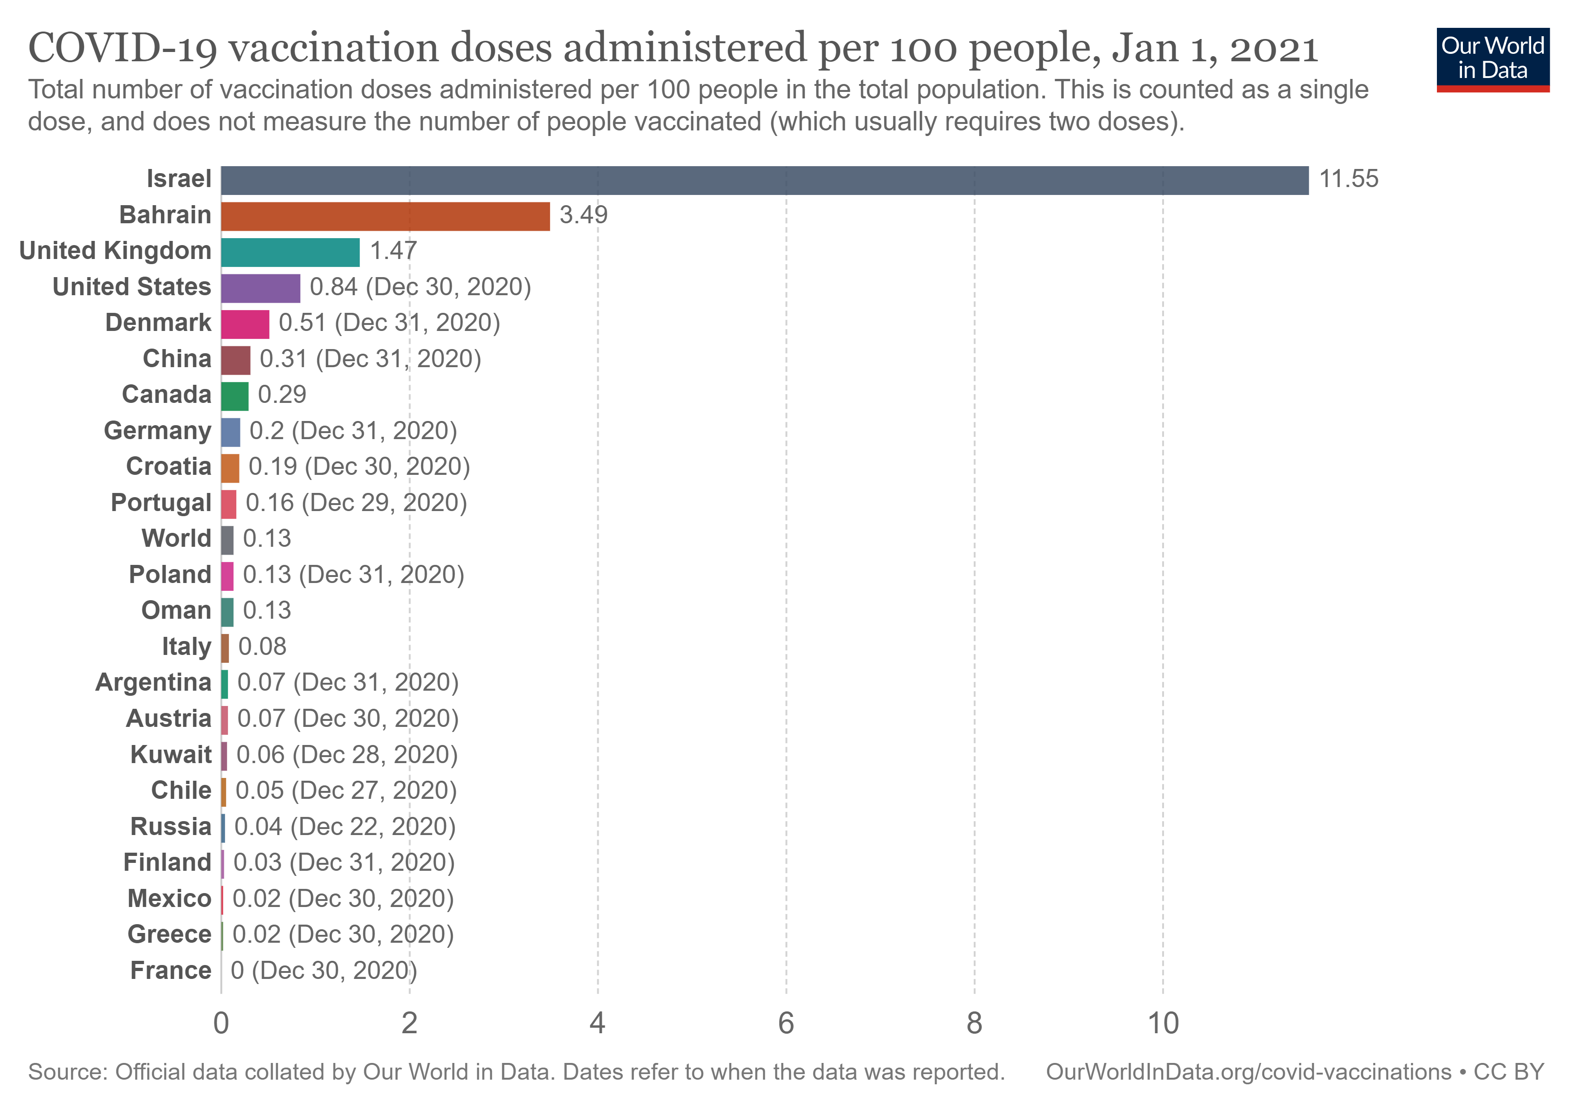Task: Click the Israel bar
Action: (764, 180)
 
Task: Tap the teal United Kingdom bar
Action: (290, 252)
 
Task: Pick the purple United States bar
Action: (260, 288)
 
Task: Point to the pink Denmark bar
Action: (245, 324)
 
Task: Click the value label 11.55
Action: (1348, 179)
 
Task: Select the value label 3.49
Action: (583, 215)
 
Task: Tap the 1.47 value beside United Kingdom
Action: (393, 251)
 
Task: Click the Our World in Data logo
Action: (1492, 59)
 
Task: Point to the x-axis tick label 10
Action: (1163, 1023)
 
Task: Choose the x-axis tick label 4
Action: (597, 1023)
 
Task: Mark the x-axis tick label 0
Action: (220, 1023)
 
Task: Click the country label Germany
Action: (157, 431)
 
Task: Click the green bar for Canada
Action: (234, 396)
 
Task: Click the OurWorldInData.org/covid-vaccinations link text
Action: (1248, 1072)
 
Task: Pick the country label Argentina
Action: (153, 682)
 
